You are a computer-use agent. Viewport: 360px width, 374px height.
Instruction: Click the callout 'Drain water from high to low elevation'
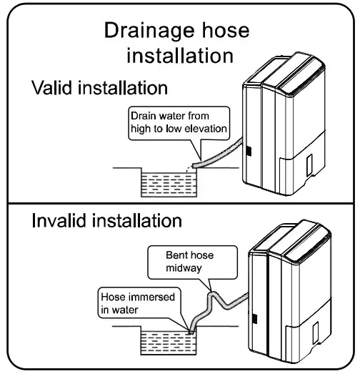(178, 122)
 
